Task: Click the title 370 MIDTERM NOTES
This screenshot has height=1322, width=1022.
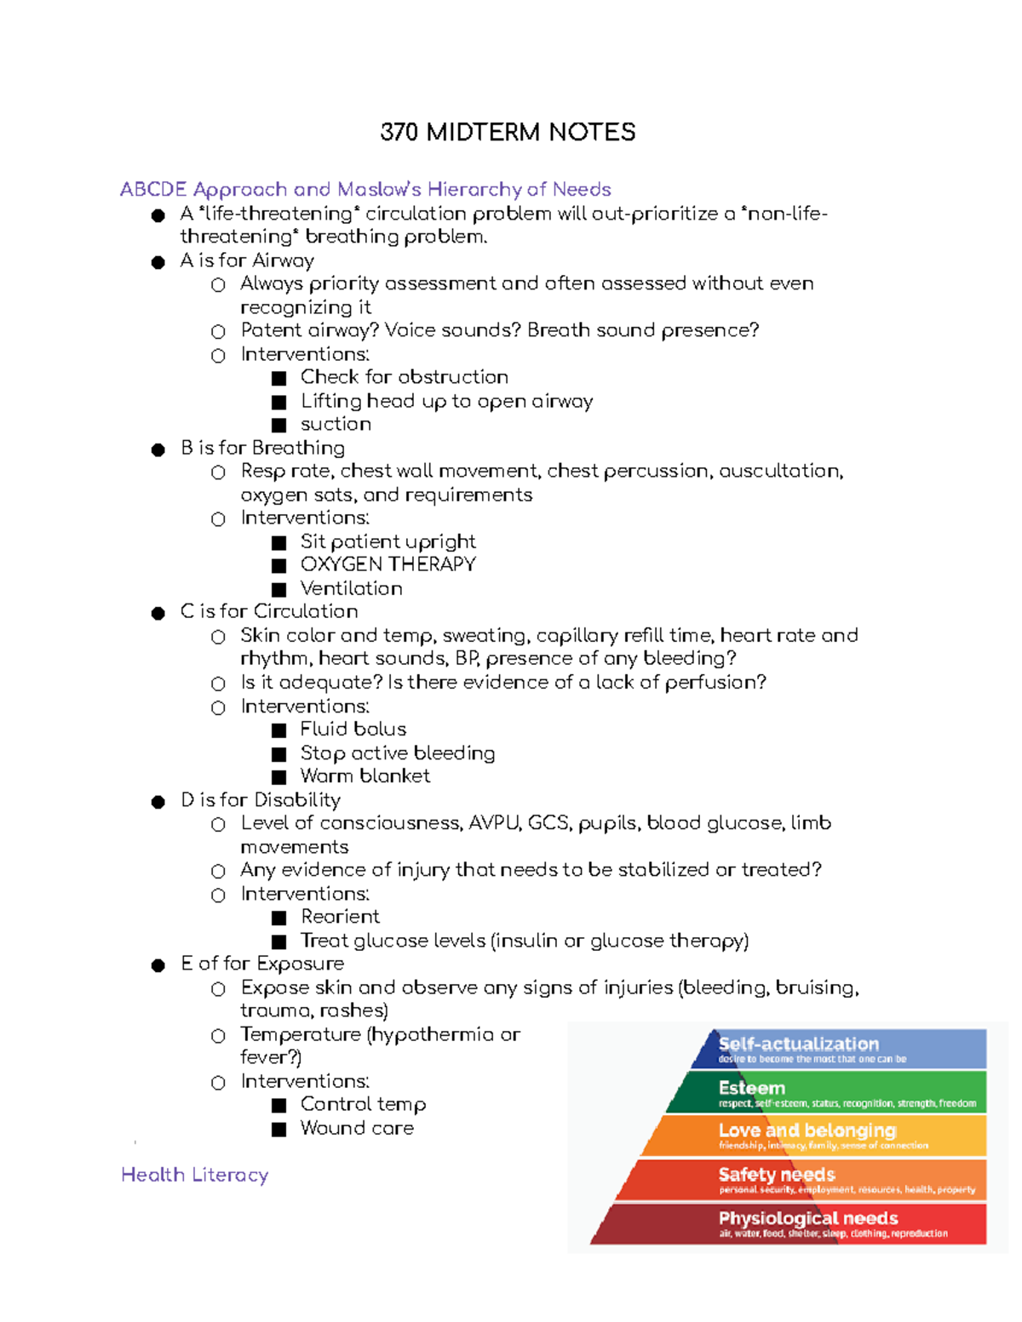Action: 508,132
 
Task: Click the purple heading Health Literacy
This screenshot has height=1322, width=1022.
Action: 194,1175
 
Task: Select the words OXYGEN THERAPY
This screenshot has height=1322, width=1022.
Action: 388,564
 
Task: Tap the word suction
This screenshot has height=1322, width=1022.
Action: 336,424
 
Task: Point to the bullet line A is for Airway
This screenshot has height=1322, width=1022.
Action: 247,260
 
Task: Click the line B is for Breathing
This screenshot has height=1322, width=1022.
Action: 262,448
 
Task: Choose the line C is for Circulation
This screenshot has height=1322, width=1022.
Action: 268,611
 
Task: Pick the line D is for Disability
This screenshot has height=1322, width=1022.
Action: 260,800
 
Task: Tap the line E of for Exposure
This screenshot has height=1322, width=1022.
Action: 262,964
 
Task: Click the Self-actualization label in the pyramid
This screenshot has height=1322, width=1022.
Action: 798,1044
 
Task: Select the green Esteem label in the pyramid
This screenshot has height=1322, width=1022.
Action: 751,1088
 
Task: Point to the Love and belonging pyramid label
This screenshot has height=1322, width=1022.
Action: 807,1130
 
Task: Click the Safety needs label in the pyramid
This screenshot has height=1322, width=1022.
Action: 776,1175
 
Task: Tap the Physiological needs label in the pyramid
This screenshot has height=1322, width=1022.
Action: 807,1218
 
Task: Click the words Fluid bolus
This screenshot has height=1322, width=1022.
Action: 353,730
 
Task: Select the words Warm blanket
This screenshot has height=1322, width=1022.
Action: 365,776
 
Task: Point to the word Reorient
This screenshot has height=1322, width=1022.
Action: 340,917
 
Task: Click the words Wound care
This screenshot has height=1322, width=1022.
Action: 357,1128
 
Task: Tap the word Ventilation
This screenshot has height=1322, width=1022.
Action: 351,588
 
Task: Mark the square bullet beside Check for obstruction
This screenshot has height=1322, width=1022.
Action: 278,378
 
